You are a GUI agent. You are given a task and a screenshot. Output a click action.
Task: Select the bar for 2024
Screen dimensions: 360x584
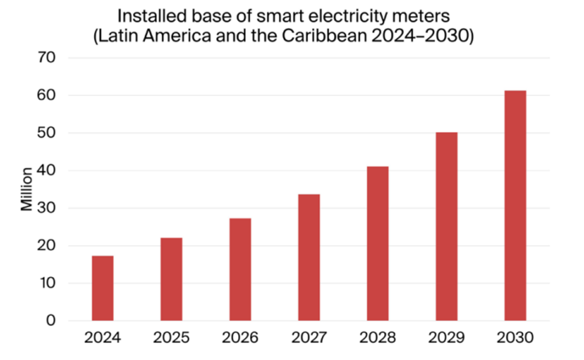point(102,289)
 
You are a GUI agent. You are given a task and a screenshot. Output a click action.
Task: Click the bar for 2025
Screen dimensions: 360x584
point(171,279)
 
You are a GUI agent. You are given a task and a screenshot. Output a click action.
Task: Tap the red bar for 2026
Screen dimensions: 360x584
point(240,269)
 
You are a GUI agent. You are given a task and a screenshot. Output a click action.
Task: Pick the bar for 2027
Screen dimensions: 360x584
point(309,258)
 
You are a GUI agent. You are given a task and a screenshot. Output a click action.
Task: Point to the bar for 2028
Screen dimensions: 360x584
point(378,244)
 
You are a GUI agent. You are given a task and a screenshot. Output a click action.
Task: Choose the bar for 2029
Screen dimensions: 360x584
point(446,227)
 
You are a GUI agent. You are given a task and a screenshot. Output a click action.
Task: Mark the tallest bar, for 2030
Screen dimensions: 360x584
point(515,206)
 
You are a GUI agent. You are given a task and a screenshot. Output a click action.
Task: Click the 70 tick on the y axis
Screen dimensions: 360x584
point(46,58)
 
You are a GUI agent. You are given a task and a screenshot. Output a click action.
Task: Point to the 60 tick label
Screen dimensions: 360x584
point(46,95)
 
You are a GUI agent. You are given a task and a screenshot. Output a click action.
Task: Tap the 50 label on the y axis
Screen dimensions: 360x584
point(46,133)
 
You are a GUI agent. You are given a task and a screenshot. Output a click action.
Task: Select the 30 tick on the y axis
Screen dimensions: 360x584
point(46,209)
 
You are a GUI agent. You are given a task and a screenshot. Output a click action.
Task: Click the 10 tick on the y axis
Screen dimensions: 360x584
point(46,283)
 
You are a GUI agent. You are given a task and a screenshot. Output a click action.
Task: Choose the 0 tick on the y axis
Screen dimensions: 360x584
point(51,321)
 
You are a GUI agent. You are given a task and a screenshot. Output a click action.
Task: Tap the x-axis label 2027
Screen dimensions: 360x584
point(309,338)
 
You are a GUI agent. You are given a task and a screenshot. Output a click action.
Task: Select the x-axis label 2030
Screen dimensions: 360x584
point(515,338)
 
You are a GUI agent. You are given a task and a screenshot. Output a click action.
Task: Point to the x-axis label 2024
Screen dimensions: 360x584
point(102,338)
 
